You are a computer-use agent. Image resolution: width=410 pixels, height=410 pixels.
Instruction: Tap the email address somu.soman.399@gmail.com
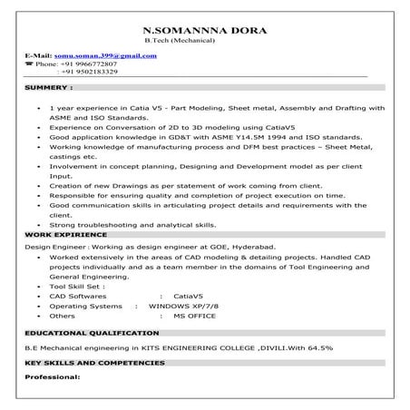coord(105,55)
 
